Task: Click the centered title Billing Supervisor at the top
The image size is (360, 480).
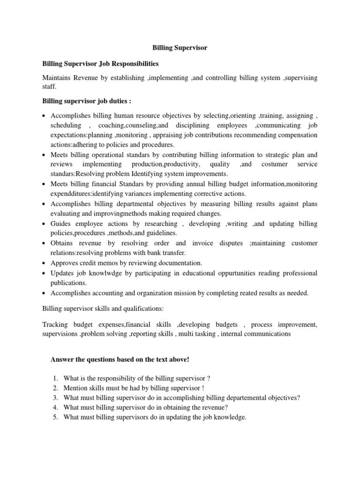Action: (x=180, y=48)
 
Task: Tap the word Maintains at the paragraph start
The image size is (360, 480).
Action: (x=59, y=78)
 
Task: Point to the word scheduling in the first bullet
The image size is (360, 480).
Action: (x=66, y=126)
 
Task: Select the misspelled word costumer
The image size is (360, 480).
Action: (x=274, y=164)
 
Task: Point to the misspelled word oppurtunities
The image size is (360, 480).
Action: (x=243, y=273)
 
